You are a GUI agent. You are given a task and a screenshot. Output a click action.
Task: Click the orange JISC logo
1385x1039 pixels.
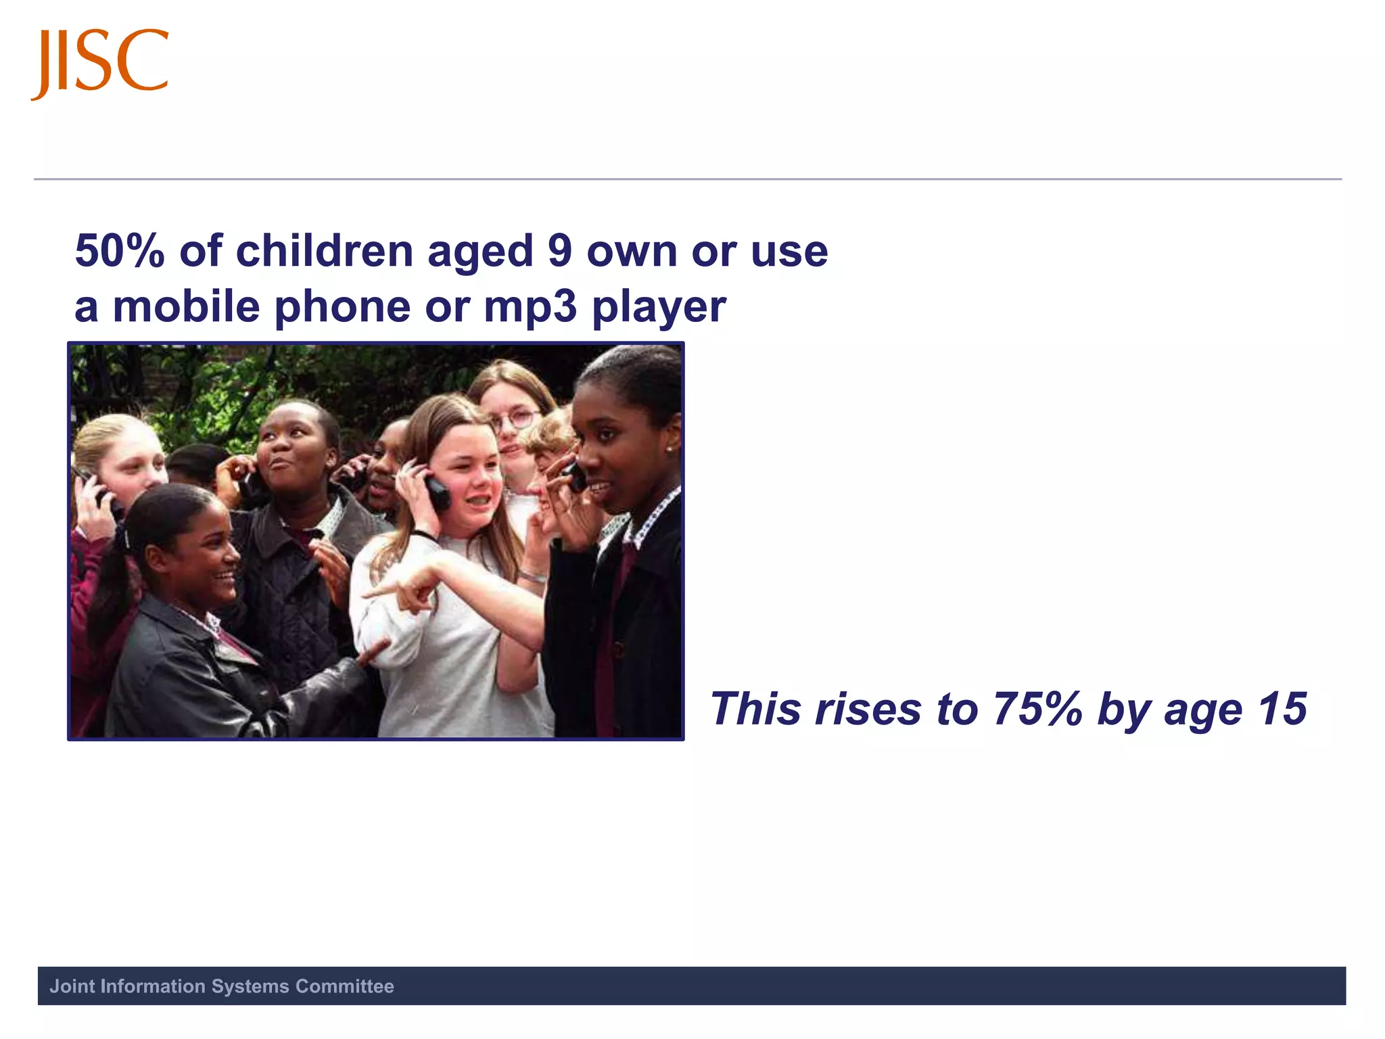pos(100,62)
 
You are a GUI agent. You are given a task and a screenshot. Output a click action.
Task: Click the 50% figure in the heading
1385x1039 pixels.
pos(120,251)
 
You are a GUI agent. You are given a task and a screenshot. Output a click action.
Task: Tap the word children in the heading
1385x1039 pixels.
pos(324,251)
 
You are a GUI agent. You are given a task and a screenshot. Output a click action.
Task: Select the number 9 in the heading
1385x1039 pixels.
pos(560,251)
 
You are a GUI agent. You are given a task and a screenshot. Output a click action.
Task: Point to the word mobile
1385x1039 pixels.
pos(186,306)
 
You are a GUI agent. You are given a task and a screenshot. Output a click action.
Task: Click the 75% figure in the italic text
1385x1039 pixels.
pos(1037,709)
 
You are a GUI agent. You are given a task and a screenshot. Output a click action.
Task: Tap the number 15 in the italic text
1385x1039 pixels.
pos(1282,709)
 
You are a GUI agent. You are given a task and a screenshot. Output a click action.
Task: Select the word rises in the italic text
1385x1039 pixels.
pos(868,709)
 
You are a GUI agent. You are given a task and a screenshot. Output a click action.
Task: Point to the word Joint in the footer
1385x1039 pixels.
pos(72,986)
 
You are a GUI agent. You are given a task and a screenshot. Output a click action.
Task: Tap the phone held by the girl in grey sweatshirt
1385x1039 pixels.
pos(438,491)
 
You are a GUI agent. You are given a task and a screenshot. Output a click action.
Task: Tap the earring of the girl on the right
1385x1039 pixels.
pos(670,448)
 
